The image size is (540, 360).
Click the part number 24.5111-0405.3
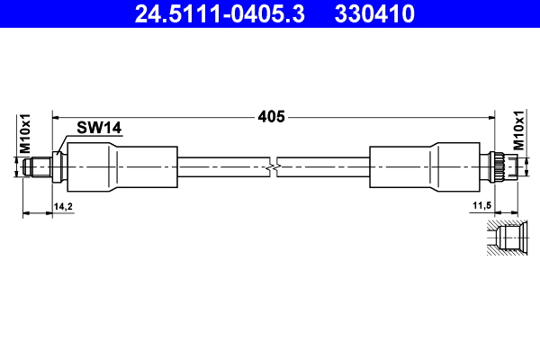220,15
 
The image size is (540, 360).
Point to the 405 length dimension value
271,116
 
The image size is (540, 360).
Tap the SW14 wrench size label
99,130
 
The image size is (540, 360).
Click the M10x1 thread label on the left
26,133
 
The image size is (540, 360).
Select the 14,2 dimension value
63,206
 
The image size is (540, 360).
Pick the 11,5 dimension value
481,206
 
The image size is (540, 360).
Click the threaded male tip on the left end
40,166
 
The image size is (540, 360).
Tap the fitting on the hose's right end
499,166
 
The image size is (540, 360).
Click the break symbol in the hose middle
274,166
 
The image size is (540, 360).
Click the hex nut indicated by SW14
59,166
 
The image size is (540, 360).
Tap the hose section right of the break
324,166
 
